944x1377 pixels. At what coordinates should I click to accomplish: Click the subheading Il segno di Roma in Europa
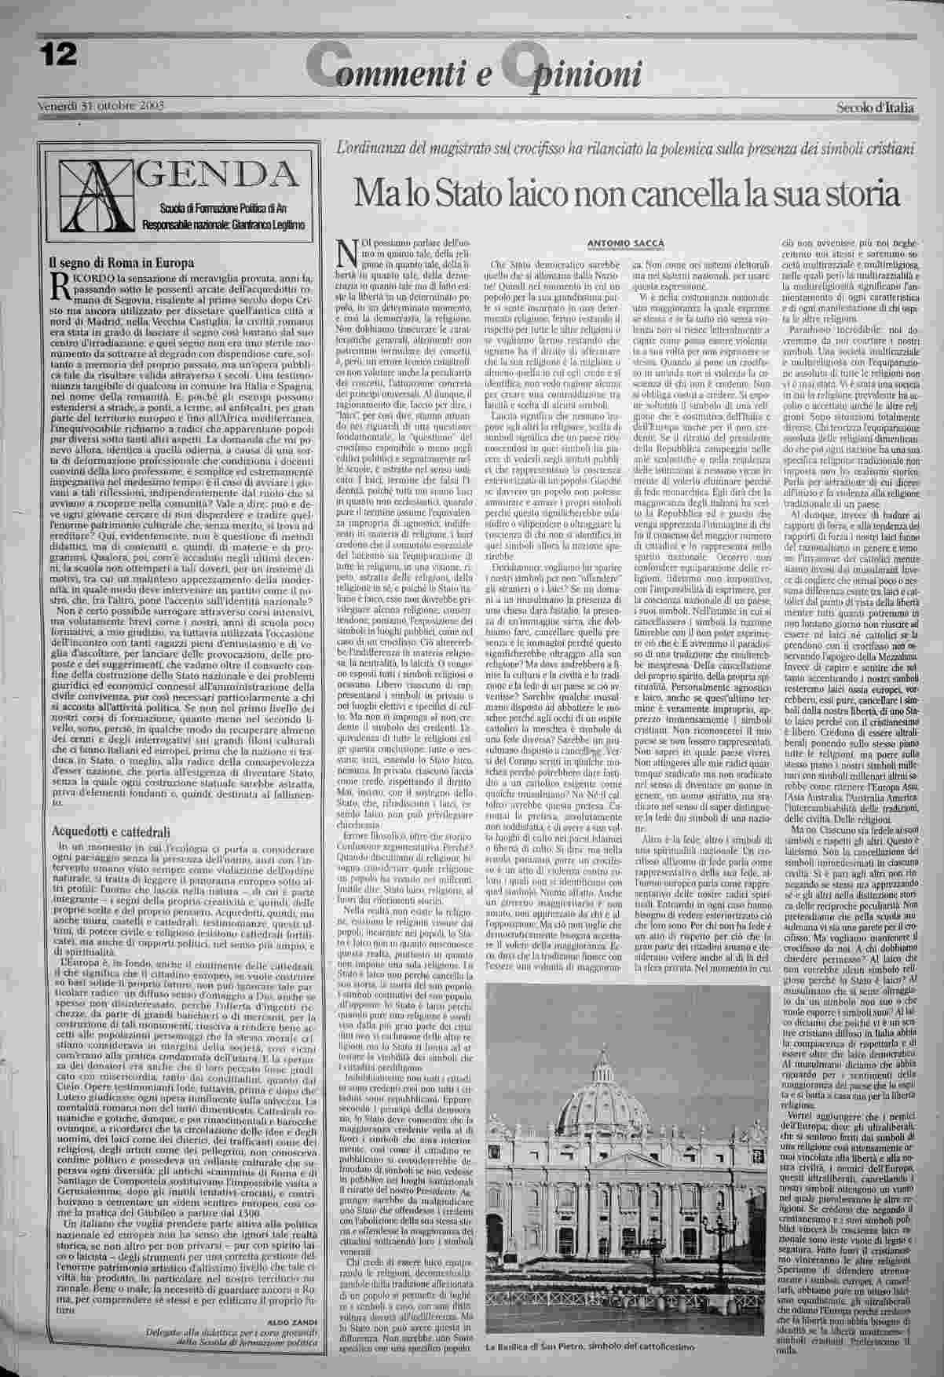123,263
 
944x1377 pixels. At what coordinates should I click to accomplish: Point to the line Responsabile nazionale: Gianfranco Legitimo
224,225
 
